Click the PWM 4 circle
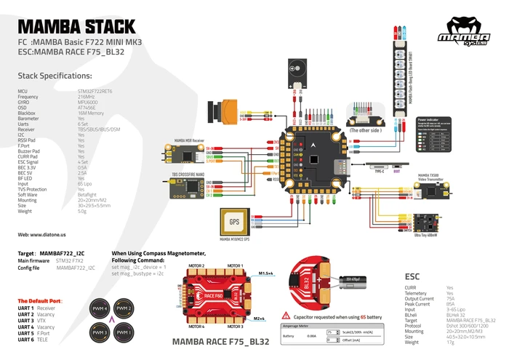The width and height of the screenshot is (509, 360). [99, 310]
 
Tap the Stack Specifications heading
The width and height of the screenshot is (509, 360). [55, 75]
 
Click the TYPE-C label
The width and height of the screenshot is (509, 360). [379, 172]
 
